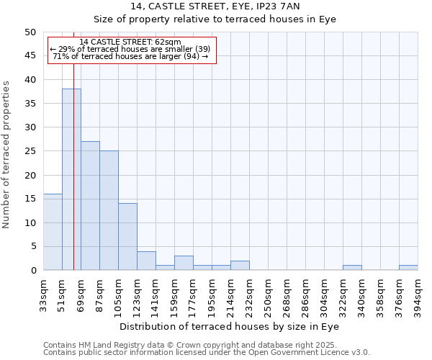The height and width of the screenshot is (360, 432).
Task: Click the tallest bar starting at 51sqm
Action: [71, 180]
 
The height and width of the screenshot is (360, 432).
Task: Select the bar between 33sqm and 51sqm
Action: [53, 232]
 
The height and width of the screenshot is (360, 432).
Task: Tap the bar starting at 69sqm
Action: [90, 206]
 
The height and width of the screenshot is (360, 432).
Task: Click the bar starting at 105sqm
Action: [127, 237]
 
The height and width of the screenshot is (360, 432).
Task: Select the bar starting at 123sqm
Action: [146, 261]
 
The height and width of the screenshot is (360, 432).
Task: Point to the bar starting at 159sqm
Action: [184, 263]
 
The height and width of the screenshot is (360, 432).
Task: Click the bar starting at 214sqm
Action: [240, 266]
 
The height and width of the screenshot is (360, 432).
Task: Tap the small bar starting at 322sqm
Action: [352, 268]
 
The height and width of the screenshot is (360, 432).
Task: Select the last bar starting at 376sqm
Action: [408, 268]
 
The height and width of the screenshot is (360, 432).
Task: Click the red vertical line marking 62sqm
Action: [73, 144]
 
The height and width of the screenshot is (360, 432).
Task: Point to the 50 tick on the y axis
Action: [30, 32]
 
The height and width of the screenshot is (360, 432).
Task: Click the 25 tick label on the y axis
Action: [30, 151]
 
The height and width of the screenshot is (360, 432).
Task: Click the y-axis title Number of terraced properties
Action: [6, 155]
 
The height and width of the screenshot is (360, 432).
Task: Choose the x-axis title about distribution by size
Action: [230, 326]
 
